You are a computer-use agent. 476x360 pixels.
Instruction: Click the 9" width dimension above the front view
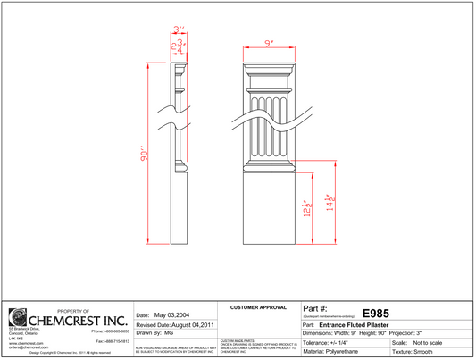[x=268, y=42]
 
